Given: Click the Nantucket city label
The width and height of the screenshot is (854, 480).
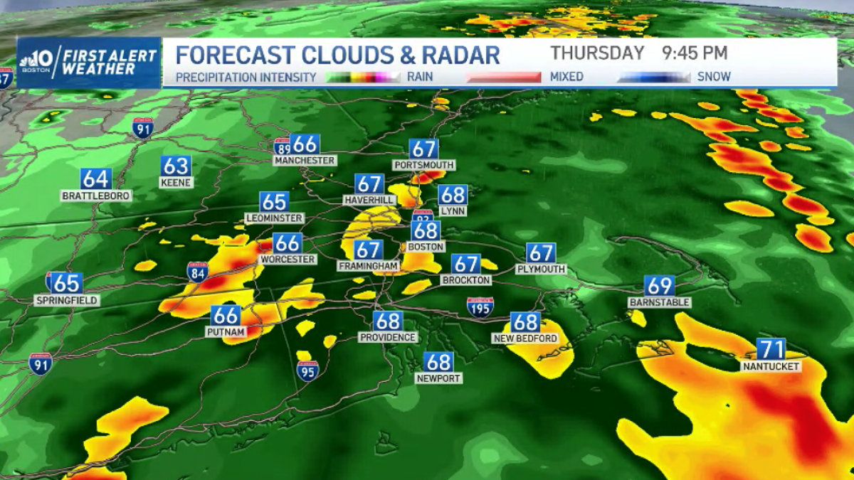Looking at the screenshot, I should tap(771, 366).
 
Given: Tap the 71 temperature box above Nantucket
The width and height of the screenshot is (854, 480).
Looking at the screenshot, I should tap(771, 350).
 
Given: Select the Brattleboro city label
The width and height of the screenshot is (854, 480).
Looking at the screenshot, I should tap(96, 196).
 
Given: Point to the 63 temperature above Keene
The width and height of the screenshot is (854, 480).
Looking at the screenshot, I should tap(175, 166).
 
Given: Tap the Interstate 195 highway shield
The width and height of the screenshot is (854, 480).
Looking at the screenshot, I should tap(480, 307).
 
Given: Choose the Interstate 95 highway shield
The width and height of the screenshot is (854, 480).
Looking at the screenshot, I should tap(307, 370).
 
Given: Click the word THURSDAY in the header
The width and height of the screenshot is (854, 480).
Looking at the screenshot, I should tap(598, 53).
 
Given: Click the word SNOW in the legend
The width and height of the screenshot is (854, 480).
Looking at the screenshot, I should tap(714, 77).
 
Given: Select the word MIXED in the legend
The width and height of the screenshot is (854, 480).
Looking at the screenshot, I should tap(566, 77).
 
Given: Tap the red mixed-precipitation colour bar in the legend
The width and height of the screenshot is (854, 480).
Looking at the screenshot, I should tap(504, 77).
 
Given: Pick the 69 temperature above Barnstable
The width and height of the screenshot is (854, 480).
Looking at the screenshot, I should tap(659, 286).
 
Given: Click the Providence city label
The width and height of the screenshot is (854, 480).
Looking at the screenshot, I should tap(387, 337).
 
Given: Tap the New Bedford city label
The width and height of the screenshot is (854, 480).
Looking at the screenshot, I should tap(525, 338).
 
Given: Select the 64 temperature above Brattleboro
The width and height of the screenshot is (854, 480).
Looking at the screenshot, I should tap(95, 178).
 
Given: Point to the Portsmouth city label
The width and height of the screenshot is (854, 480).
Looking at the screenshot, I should tap(423, 165).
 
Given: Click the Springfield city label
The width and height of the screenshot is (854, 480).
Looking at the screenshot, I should tap(67, 300).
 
